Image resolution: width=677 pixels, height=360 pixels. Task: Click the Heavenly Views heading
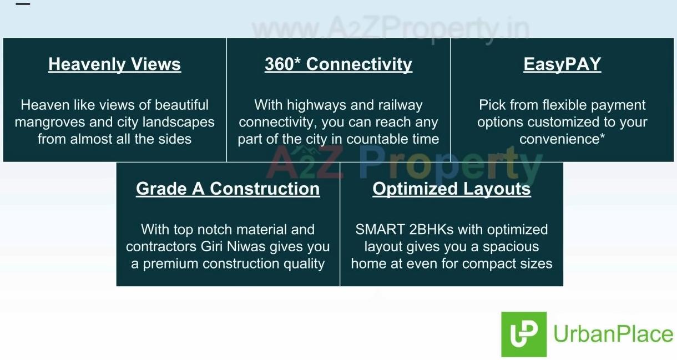click(x=114, y=64)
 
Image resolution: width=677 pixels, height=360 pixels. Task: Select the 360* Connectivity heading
click(x=338, y=64)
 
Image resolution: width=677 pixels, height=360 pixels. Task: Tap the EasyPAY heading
click(x=562, y=64)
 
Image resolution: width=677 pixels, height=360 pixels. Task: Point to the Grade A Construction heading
click(x=228, y=189)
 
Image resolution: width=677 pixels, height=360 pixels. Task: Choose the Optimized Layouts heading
click(x=452, y=189)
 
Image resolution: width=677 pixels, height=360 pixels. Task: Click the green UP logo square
click(x=524, y=334)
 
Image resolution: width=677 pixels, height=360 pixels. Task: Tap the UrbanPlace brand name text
click(x=613, y=334)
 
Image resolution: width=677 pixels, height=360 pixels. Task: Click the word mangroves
click(x=50, y=123)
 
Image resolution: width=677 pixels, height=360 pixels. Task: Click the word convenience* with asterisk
click(x=562, y=139)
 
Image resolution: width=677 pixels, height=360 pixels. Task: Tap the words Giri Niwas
click(x=233, y=246)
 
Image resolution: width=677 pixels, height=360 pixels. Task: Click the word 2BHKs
click(x=431, y=230)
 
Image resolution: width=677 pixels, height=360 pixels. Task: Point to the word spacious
click(x=511, y=247)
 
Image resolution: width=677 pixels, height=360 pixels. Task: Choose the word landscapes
click(x=178, y=123)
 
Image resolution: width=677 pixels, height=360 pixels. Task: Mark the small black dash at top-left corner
click(x=23, y=4)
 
